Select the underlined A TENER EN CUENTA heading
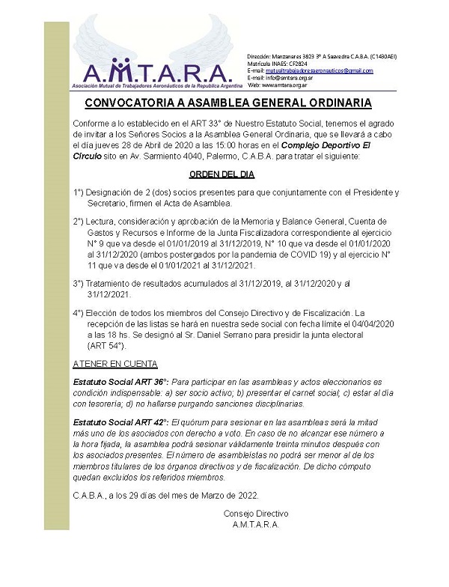click(115, 364)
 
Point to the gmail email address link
click(318, 70)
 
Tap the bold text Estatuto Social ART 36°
click(120, 382)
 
